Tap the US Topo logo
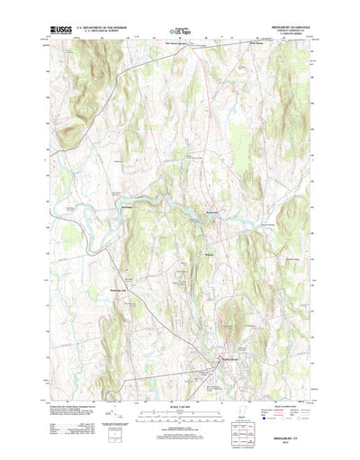point(179,32)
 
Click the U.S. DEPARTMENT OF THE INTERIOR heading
point(103,28)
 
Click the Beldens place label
point(210,254)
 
